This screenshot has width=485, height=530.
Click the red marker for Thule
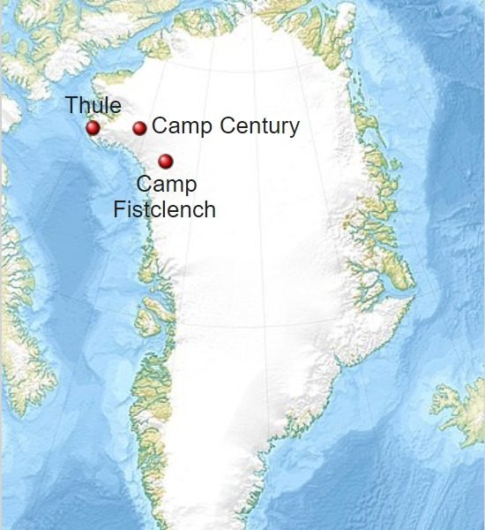(x=93, y=128)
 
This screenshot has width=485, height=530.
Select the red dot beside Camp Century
(x=139, y=128)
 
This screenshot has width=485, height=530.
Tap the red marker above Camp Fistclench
(x=166, y=161)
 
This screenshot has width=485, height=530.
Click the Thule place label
(x=93, y=106)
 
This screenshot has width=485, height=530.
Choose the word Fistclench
(x=165, y=209)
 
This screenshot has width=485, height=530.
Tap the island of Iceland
(x=459, y=411)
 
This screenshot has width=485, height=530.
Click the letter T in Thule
(x=71, y=106)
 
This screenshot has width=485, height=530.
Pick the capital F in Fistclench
(x=119, y=209)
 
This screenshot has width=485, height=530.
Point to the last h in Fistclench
(x=210, y=209)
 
